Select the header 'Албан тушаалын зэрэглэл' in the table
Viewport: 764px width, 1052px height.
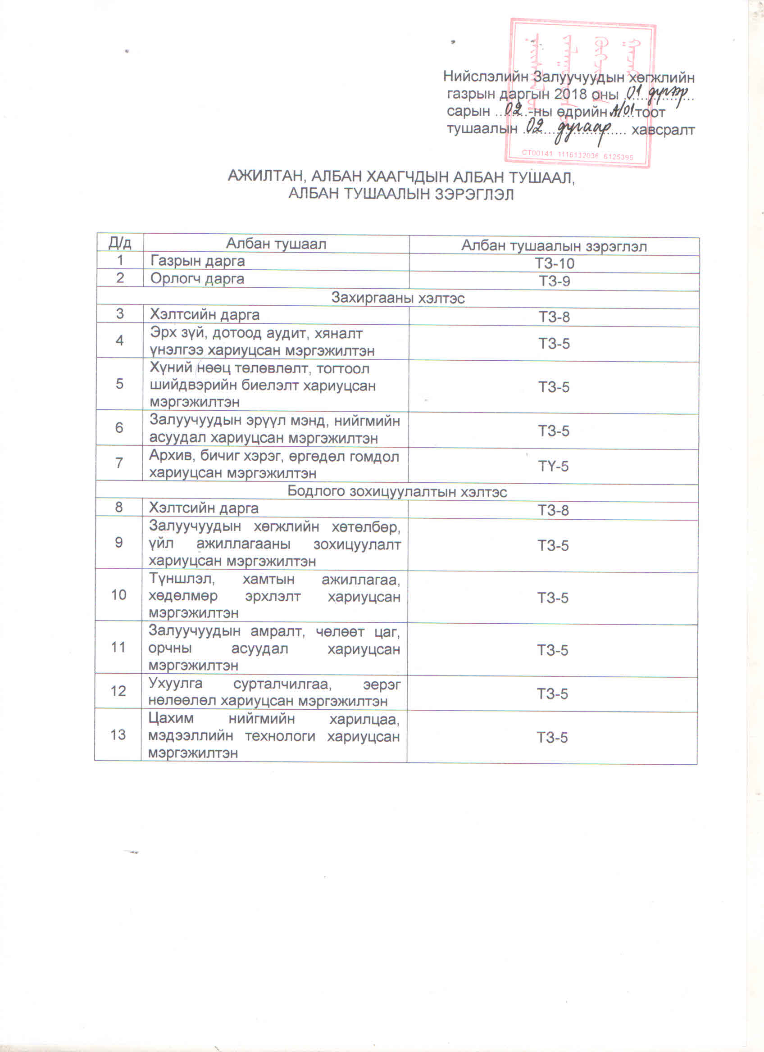pos(554,246)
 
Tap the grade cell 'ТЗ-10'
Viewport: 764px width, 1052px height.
pos(555,263)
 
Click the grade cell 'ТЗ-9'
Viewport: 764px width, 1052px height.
pos(555,281)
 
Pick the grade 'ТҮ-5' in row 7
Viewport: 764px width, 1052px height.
pos(553,466)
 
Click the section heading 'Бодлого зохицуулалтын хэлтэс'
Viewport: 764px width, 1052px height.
pos(397,491)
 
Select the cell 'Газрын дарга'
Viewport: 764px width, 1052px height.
pos(198,261)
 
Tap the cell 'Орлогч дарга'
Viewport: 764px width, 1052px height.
pos(197,279)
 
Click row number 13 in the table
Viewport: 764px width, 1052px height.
pos(118,735)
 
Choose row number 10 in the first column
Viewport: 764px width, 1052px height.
pos(118,594)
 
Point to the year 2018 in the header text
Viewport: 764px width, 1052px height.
pos(571,94)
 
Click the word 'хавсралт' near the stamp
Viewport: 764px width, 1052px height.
pos(663,130)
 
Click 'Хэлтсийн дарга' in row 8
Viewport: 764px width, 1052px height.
pos(204,508)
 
